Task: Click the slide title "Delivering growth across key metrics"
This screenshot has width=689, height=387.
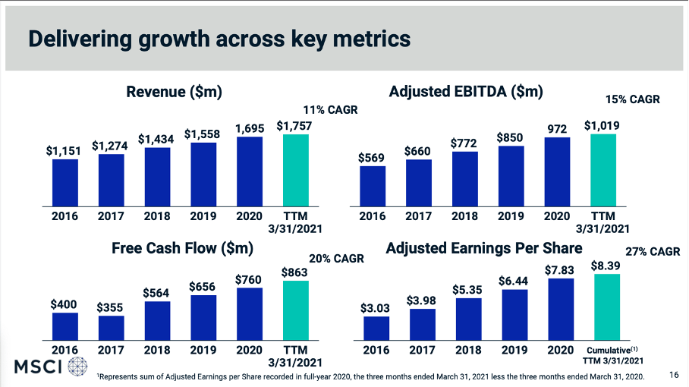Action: pyautogui.click(x=219, y=39)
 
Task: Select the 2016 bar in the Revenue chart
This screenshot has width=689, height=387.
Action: pyautogui.click(x=64, y=182)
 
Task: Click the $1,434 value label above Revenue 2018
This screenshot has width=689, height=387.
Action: pyautogui.click(x=157, y=140)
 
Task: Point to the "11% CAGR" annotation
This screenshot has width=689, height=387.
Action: pyautogui.click(x=330, y=110)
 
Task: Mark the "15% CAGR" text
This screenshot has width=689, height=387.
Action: pyautogui.click(x=633, y=99)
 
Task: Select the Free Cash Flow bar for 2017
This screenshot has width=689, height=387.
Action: pyautogui.click(x=111, y=326)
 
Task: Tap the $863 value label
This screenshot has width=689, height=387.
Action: pyautogui.click(x=295, y=272)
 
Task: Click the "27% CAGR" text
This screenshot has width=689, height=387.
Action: pyautogui.click(x=653, y=252)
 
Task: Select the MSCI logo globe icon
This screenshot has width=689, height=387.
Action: pyautogui.click(x=77, y=367)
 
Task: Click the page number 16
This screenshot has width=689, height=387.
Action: pyautogui.click(x=674, y=375)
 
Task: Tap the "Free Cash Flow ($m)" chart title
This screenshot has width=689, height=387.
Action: pyautogui.click(x=182, y=248)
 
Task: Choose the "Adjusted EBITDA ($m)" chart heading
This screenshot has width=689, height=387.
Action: pyautogui.click(x=466, y=92)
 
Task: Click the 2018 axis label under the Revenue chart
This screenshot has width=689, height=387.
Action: pyautogui.click(x=157, y=216)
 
